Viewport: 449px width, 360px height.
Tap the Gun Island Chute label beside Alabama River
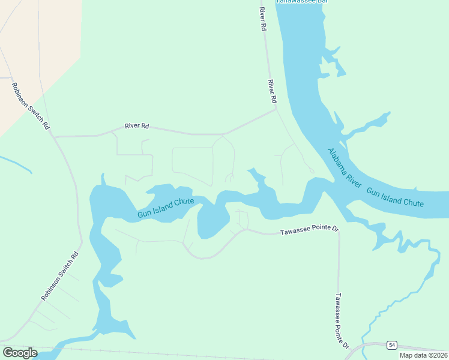click(x=395, y=198)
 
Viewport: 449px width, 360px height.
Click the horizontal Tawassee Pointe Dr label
click(x=310, y=230)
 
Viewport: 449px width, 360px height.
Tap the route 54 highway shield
click(x=392, y=345)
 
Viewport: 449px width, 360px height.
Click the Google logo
click(x=20, y=353)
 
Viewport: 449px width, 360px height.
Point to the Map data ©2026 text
click(x=423, y=355)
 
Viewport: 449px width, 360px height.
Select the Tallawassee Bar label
click(x=302, y=2)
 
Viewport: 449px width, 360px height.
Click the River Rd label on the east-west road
click(x=136, y=127)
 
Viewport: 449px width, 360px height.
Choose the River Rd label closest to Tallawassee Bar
click(x=262, y=19)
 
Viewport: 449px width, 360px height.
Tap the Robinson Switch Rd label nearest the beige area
click(x=29, y=106)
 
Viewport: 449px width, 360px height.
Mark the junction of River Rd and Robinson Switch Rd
click(x=54, y=137)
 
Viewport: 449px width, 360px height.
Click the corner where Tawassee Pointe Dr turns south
click(x=338, y=231)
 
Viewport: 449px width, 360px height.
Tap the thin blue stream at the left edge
click(x=15, y=163)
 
